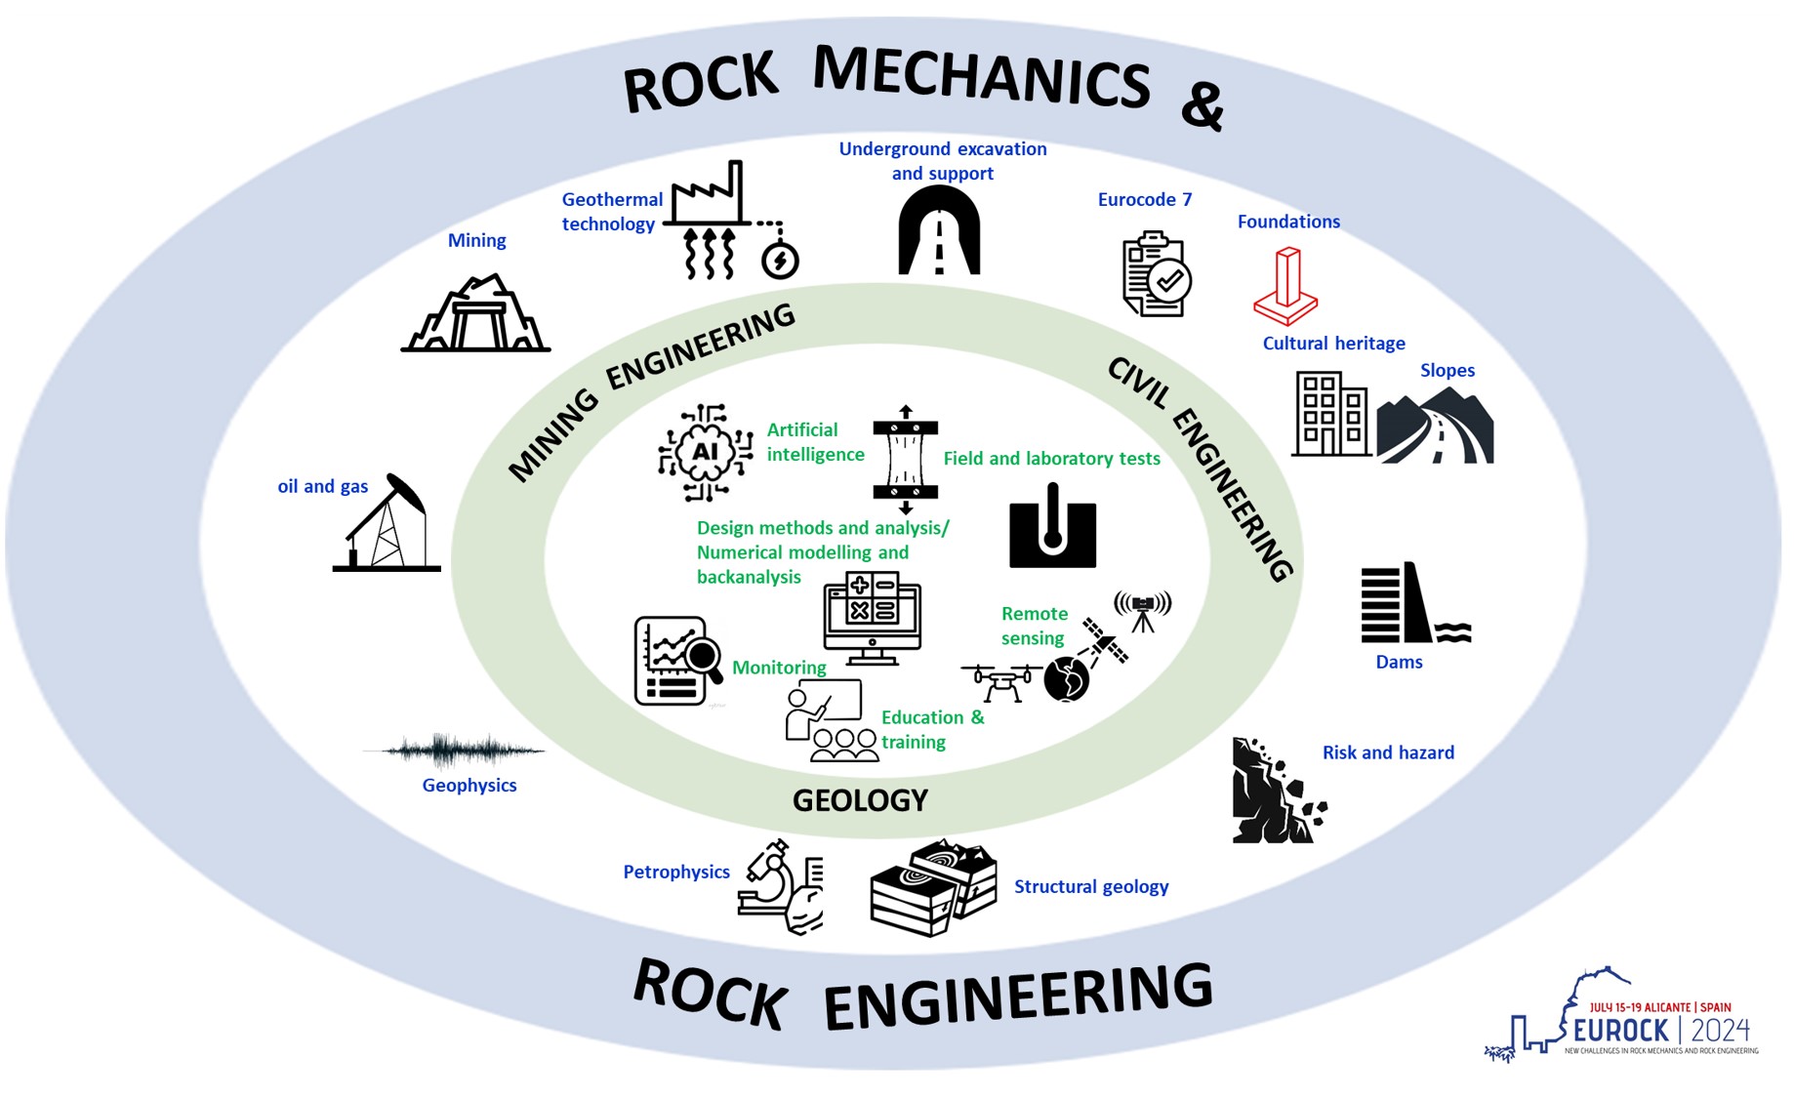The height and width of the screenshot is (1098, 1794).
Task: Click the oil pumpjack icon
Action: click(x=386, y=524)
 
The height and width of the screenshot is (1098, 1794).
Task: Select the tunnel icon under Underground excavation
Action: click(x=939, y=231)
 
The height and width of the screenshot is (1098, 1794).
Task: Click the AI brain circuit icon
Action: click(x=705, y=452)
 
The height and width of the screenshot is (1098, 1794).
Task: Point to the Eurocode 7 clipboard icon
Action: click(x=1156, y=274)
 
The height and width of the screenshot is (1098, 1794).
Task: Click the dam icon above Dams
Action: click(x=1413, y=604)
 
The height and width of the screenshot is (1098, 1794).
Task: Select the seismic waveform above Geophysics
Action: click(x=454, y=751)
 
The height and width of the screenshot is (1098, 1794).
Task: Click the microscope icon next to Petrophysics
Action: click(x=780, y=887)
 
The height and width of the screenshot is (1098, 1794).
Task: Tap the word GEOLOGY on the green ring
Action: click(x=860, y=801)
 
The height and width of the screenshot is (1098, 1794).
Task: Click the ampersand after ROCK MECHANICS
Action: click(x=1202, y=105)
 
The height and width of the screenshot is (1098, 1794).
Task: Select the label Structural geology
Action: click(x=1090, y=886)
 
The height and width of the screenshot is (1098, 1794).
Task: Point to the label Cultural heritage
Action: click(x=1333, y=344)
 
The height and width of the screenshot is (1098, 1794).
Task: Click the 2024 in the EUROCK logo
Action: click(x=1721, y=1030)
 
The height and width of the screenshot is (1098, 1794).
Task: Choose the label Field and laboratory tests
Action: click(x=1051, y=459)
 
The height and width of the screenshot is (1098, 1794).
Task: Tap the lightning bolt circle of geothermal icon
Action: click(x=780, y=261)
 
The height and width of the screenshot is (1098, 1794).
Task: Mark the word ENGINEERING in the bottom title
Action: click(x=1018, y=996)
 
